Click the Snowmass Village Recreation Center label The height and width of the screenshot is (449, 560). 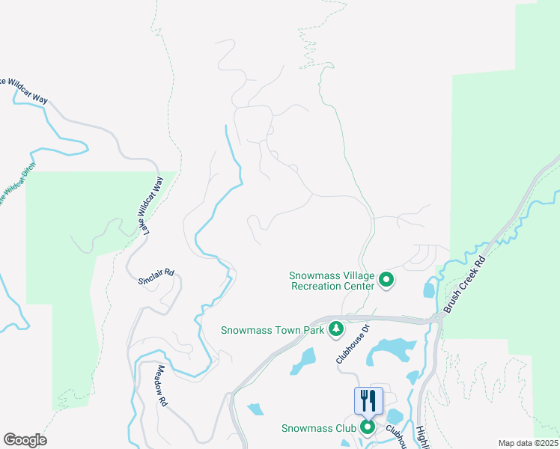[x=332, y=281]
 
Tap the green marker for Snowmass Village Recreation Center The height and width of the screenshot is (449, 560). [x=386, y=281]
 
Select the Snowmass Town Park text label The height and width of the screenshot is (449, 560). [x=273, y=330]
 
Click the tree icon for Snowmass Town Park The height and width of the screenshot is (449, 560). [x=337, y=329]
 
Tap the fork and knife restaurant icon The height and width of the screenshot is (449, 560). [x=368, y=400]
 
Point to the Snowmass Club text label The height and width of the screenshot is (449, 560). [x=317, y=428]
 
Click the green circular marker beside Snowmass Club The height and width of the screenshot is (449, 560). [x=368, y=428]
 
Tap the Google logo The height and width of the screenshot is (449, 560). [x=25, y=440]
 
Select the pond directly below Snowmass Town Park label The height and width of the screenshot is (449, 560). [x=304, y=360]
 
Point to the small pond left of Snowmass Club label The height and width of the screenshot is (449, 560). [x=255, y=409]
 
